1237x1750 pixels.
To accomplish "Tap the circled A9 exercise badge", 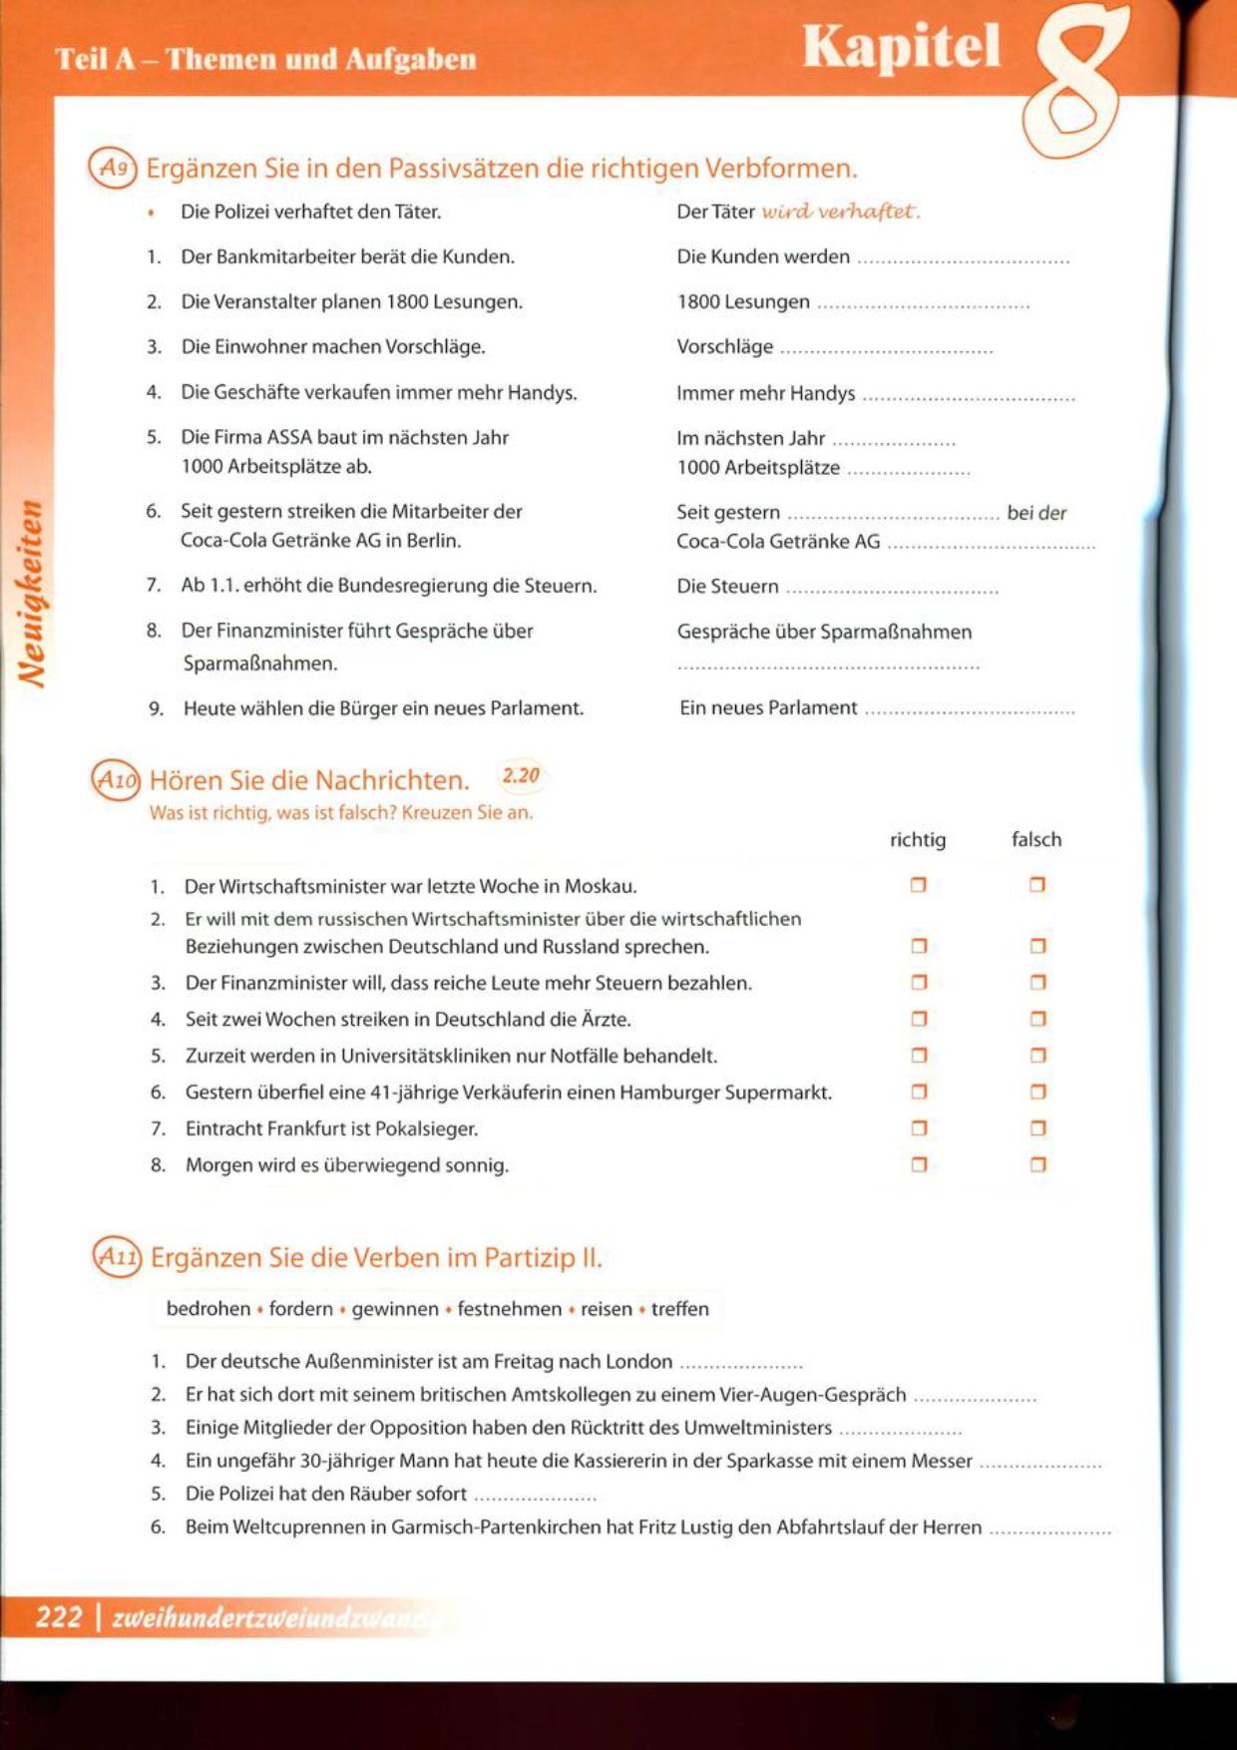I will pos(112,168).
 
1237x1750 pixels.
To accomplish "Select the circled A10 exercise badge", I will pos(116,780).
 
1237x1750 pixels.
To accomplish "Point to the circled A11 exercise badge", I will pos(117,1257).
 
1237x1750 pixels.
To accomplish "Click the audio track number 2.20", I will pos(520,775).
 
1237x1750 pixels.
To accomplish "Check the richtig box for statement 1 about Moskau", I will pos(919,885).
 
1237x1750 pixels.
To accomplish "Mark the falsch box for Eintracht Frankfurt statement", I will pos(1037,1128).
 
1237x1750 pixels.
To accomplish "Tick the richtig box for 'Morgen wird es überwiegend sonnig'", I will pos(919,1164).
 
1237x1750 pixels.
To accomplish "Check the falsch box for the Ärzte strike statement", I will pos(1037,1019).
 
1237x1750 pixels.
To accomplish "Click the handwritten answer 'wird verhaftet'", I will pos(840,212).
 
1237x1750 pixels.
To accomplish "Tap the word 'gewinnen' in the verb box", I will pos(395,1309).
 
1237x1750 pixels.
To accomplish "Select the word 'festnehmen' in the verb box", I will pos(509,1309).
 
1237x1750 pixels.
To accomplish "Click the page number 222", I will pos(59,1615).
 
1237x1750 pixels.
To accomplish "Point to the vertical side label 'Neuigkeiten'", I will pos(33,594).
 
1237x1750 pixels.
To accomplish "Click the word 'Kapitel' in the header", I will pos(901,47).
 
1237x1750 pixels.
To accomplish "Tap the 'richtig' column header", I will pos(917,840).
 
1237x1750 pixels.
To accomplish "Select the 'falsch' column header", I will pos(1036,840).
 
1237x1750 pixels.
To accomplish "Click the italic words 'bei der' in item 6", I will pos(1036,513).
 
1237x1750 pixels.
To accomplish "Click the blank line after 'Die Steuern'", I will pos(892,589).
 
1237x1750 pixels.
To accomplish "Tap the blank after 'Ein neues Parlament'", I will pos(969,710).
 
